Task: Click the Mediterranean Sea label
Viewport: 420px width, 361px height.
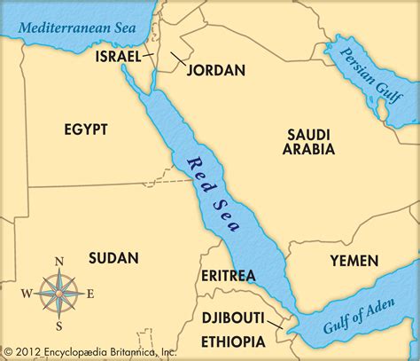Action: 80,27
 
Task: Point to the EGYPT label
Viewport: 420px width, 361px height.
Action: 86,129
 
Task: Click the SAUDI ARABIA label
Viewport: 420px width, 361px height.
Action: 309,142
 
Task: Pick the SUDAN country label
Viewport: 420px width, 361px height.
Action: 113,258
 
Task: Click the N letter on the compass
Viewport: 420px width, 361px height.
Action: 59,261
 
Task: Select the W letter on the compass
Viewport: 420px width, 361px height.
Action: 27,294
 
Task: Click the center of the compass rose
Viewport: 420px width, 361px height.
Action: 59,294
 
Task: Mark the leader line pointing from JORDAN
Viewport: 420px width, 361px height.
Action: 178,59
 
